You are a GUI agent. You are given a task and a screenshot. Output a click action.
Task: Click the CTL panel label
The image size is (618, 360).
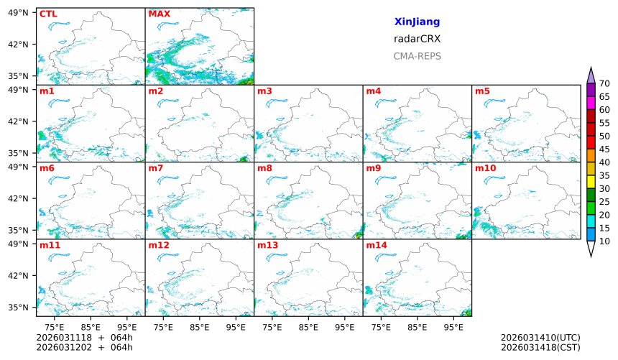coord(48,14)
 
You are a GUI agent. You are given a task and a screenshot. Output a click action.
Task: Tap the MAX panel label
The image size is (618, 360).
coord(158,14)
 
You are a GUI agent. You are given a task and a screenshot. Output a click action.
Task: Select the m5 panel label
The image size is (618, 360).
coord(482,91)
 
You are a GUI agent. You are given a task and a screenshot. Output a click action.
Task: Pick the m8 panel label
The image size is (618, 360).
coord(265,168)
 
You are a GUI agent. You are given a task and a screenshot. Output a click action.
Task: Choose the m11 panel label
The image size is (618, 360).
coord(50,245)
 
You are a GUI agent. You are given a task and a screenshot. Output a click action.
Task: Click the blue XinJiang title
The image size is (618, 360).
coord(417,22)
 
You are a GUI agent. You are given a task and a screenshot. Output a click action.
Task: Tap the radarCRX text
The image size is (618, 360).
coord(417,39)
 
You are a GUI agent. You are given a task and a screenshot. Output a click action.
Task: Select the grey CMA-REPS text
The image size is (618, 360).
coord(417,56)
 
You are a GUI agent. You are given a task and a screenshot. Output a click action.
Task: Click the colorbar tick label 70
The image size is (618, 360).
coord(604,84)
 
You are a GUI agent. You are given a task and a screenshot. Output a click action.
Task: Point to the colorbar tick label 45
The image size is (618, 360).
coord(604,149)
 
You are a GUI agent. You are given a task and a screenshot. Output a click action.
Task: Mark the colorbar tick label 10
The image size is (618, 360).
coord(604,241)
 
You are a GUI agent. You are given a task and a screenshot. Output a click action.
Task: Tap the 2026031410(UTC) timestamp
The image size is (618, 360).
coord(540,338)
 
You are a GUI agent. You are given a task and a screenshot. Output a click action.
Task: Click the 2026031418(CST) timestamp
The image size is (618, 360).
coord(540,348)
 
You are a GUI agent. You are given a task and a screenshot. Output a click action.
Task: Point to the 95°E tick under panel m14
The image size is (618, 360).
coord(453,327)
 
